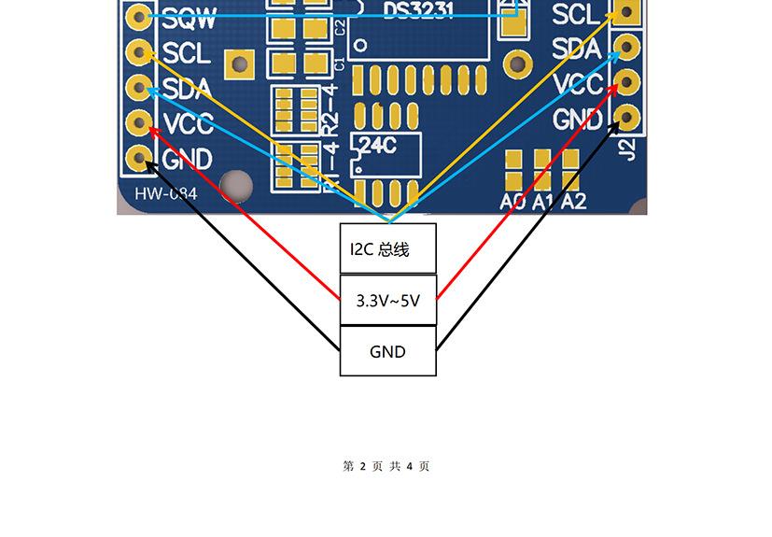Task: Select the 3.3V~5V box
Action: (x=387, y=301)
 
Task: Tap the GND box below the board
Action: (x=387, y=351)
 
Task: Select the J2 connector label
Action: (x=628, y=148)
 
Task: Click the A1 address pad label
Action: (x=543, y=201)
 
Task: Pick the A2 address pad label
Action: (x=573, y=201)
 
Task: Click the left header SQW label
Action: (x=189, y=17)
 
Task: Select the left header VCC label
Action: (x=188, y=123)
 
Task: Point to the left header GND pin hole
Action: (x=140, y=158)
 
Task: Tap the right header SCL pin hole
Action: (x=626, y=12)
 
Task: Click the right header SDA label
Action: (x=576, y=49)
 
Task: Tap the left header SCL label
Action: (x=186, y=52)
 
